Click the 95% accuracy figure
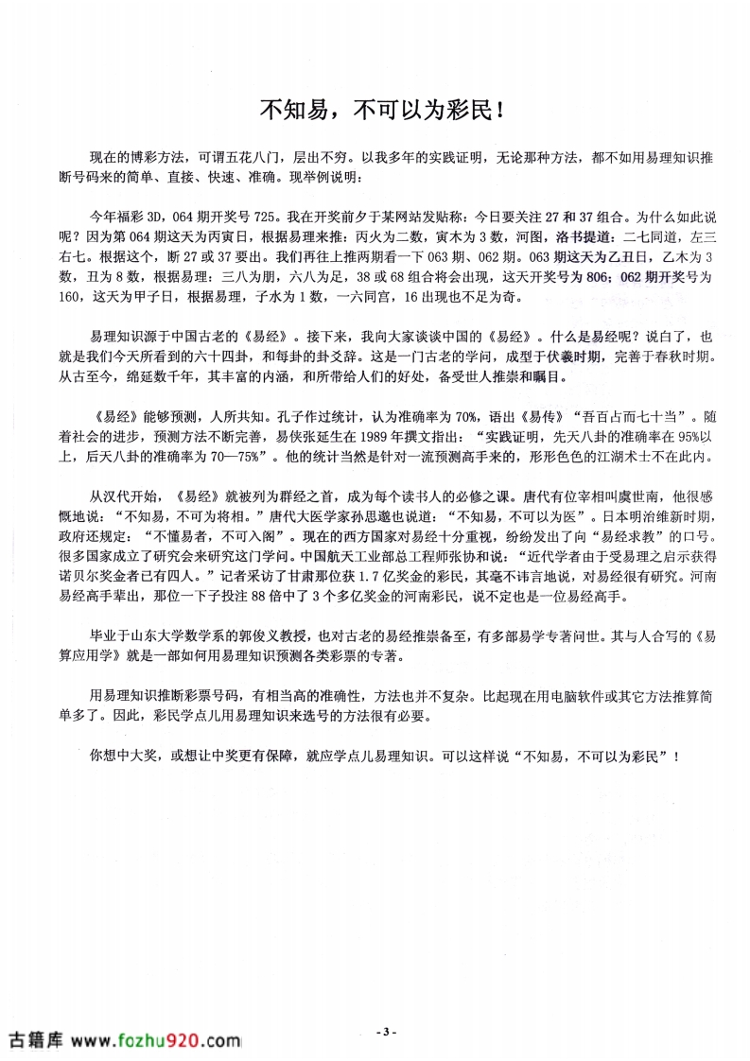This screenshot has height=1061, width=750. click(667, 438)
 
